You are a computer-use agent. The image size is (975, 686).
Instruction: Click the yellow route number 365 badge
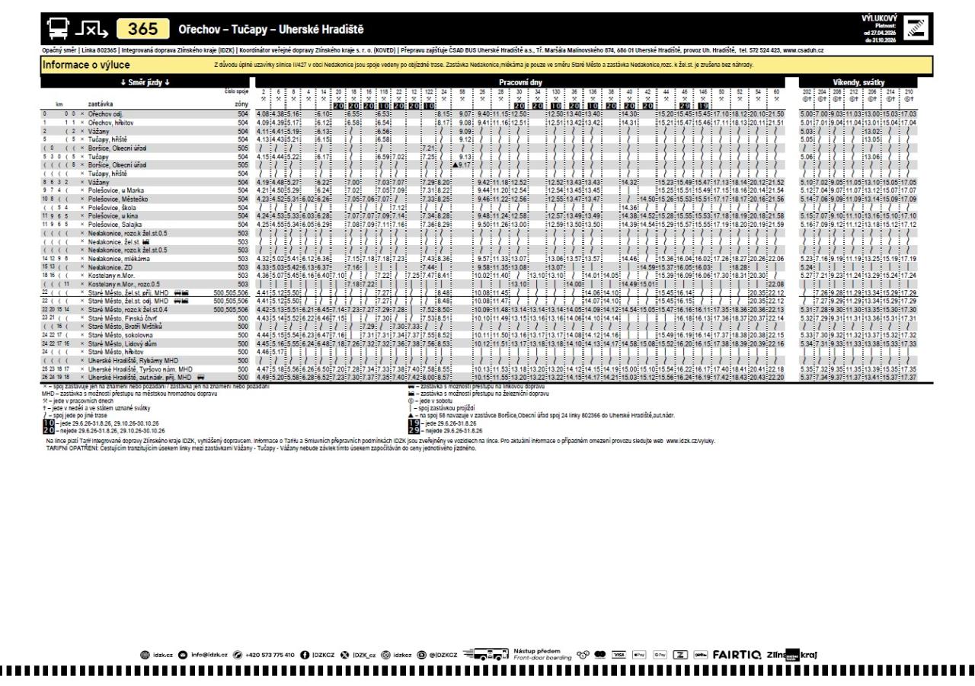pos(143,30)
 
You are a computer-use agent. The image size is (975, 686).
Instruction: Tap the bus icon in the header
pos(56,30)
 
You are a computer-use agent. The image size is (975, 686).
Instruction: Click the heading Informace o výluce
pos(81,65)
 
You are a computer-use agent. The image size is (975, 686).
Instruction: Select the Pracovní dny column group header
pos(519,80)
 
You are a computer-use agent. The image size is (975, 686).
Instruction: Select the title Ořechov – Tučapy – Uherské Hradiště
pos(270,30)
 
